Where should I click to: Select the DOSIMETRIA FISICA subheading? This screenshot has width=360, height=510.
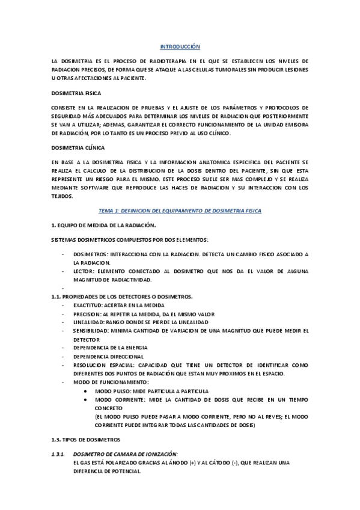click(76, 93)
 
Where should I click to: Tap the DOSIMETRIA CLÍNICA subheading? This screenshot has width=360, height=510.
click(78, 147)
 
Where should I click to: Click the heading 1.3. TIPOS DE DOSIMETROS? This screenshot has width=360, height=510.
click(86, 439)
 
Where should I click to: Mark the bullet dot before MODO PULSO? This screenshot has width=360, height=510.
click(88, 391)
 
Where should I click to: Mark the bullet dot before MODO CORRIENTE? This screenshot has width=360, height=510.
click(88, 399)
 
